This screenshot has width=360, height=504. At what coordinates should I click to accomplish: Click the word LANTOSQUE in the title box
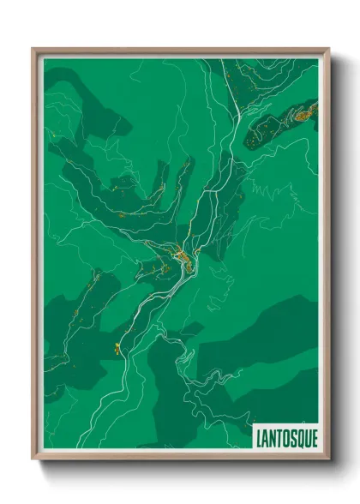(286, 436)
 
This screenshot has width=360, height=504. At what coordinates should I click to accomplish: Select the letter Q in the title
(297, 436)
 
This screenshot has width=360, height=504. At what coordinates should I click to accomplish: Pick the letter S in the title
(291, 436)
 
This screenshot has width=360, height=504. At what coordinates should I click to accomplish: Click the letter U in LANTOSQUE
(305, 436)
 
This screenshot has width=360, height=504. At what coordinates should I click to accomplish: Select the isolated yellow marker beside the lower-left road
(115, 347)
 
